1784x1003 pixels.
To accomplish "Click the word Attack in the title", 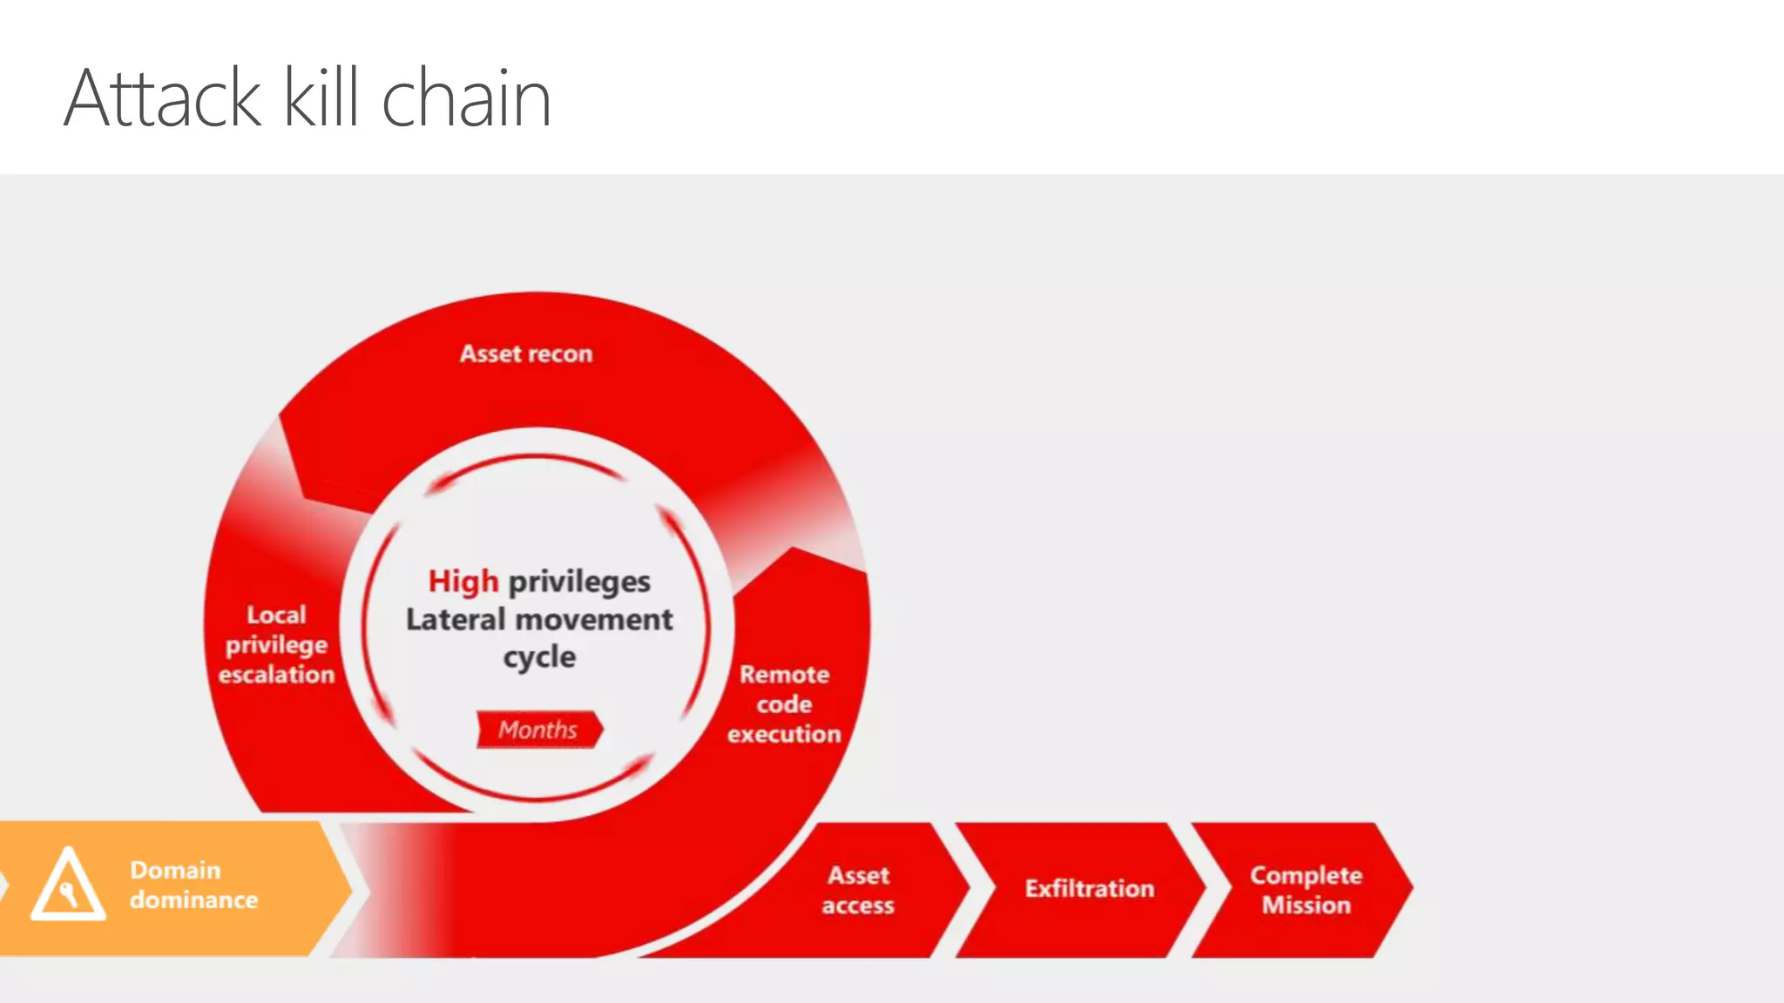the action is coord(162,98).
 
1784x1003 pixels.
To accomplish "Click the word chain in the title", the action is coord(466,98).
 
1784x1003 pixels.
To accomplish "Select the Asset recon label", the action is coord(526,353).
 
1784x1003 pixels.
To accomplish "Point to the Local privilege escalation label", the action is coord(276,644).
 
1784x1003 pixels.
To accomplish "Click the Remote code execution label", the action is coord(784,703).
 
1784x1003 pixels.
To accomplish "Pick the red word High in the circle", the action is coord(463,581).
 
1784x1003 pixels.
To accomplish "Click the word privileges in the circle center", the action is coord(579,582).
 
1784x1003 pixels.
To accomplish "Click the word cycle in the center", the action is coord(539,656).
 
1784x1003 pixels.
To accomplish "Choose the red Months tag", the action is coord(538,730).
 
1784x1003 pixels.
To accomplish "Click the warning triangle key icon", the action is coord(68,885).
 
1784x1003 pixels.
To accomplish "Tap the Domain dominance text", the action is coord(193,885).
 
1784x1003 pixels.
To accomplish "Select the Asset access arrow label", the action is coord(858,890).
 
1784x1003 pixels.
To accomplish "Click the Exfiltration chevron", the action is coord(1089,888).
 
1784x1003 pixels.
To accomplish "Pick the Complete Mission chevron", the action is coord(1305,890).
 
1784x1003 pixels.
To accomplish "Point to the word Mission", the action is coord(1306,905).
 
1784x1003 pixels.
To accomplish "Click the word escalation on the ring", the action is coord(276,675).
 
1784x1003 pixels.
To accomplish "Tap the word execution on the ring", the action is coord(784,734).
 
